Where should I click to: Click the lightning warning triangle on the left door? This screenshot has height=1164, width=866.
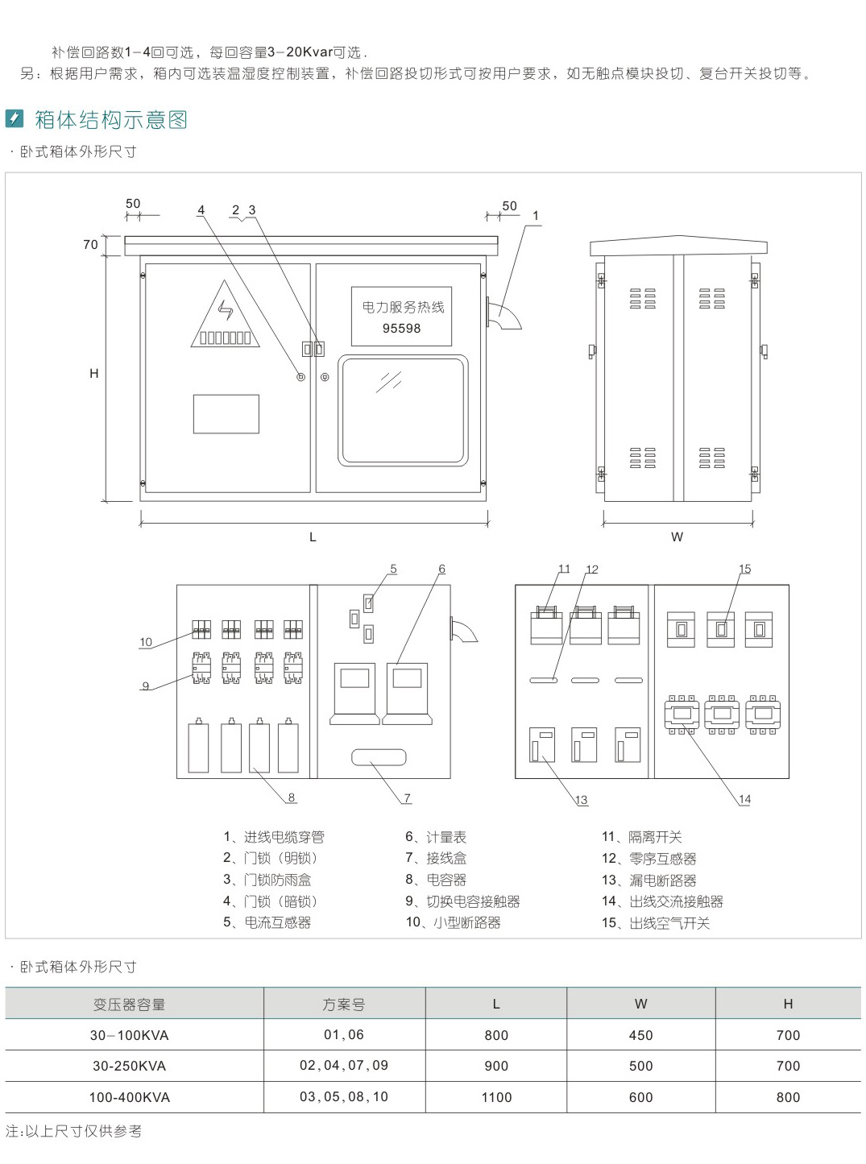tap(226, 317)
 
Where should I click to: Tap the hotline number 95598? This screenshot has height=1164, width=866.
tap(401, 329)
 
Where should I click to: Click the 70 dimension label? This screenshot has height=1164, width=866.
tap(90, 245)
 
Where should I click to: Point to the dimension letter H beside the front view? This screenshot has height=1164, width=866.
tap(93, 374)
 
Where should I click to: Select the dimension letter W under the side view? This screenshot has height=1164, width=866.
tap(677, 536)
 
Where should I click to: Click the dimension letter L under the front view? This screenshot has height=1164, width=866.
tap(313, 537)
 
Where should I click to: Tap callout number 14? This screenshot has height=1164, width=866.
tap(744, 799)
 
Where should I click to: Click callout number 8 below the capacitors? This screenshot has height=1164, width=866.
tap(292, 797)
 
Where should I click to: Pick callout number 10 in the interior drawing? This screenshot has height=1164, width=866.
tap(146, 642)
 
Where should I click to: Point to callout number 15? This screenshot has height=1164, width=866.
tap(744, 569)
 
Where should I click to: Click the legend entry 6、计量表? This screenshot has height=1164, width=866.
tap(436, 838)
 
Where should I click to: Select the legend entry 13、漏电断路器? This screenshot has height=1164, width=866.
tap(648, 880)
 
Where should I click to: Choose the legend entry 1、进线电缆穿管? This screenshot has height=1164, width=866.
tap(274, 838)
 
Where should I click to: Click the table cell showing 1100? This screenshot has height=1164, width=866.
tap(496, 1097)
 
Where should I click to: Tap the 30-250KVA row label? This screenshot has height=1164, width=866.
tap(129, 1066)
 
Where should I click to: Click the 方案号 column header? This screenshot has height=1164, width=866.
tap(344, 1005)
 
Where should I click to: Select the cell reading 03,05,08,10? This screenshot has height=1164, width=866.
tap(344, 1097)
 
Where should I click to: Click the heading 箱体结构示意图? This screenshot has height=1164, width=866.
tap(111, 120)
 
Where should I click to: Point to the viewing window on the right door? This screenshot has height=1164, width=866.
tap(403, 411)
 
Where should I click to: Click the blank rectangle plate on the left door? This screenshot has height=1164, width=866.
tap(226, 414)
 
